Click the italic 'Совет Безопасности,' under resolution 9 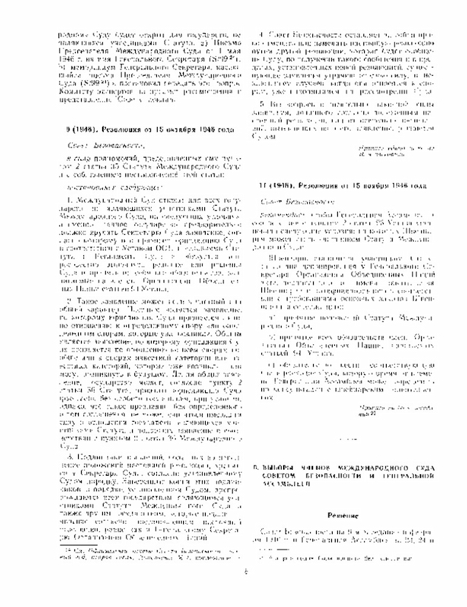pyautogui.click(x=90, y=145)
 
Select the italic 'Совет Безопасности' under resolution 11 pyautogui.click(x=280, y=199)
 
